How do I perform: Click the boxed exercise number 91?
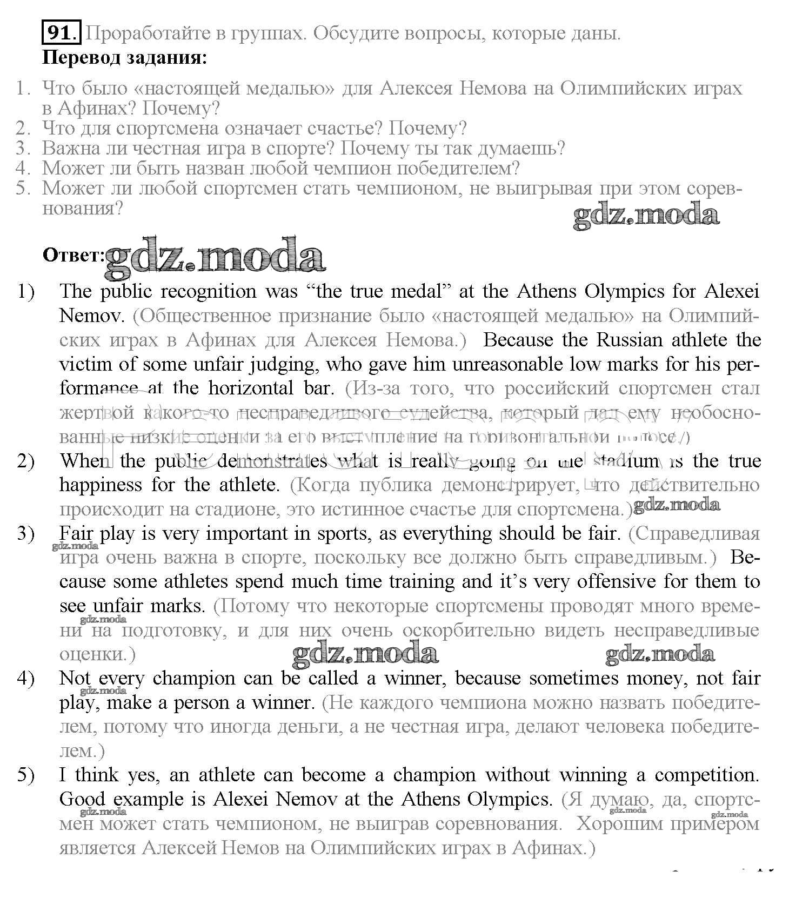[61, 33]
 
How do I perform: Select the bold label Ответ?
[73, 255]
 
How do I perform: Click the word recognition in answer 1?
[208, 292]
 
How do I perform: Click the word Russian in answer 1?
[629, 340]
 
